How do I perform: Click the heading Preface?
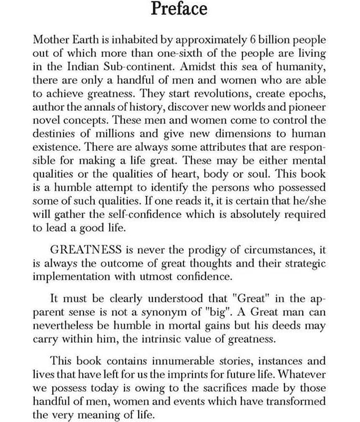tap(179, 9)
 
